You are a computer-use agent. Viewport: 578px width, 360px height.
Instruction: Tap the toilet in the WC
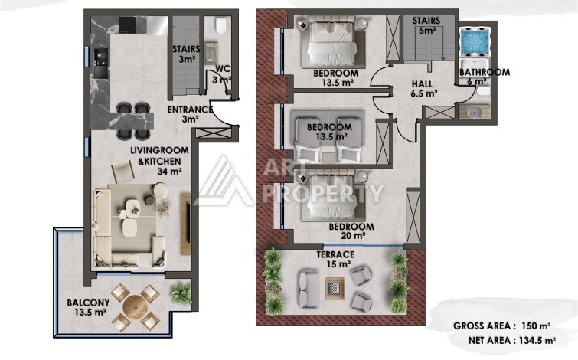coord(220,25)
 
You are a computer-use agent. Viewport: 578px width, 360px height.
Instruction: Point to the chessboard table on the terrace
coord(335,288)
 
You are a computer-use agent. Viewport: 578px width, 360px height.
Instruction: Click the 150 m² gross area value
coord(537,326)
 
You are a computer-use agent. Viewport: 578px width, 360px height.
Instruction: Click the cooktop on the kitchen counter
coord(128,25)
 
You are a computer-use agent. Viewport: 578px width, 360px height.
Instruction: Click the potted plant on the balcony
coord(181,293)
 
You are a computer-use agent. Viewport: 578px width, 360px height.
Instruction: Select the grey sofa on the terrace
coord(309,289)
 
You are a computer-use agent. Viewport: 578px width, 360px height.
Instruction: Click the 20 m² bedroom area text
coord(353,235)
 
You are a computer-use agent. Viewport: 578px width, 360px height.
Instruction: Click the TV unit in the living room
coord(185,224)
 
